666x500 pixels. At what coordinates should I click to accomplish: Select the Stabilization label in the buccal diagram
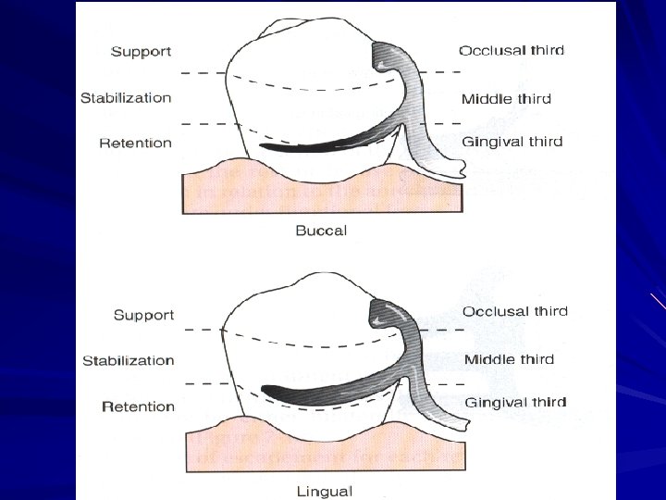[126, 97]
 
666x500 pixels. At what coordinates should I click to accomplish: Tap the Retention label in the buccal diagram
[135, 143]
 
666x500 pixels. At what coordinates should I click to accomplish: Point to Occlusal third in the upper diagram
[512, 50]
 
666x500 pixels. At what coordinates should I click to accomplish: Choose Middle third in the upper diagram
[506, 98]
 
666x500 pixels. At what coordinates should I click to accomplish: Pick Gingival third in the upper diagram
[512, 142]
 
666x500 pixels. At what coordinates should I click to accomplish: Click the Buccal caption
[321, 231]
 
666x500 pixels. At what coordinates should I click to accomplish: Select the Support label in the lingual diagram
[143, 315]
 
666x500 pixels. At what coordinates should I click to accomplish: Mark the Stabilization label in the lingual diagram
[128, 360]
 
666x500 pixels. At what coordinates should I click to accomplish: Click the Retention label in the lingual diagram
[138, 406]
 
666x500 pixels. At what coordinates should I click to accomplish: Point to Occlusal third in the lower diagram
[515, 312]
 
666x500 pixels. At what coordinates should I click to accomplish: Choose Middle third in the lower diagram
[509, 359]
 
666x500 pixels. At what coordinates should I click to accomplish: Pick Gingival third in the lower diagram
[515, 403]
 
